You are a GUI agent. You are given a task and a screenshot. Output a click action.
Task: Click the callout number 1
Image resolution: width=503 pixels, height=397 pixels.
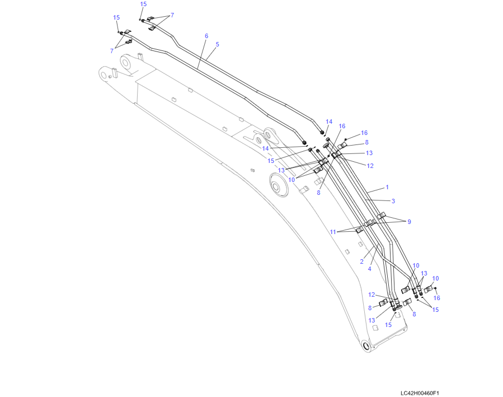(387, 187)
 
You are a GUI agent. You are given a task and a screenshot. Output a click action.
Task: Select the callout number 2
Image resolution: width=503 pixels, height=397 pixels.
(362, 261)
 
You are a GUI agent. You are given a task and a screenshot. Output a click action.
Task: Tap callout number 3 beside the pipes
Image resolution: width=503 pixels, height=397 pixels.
(393, 201)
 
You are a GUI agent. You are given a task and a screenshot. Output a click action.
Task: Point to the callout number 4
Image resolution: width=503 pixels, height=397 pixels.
(369, 269)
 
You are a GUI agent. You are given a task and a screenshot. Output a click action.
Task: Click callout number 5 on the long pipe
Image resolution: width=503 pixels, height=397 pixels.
(217, 44)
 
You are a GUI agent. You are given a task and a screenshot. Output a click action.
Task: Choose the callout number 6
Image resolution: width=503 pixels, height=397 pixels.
(206, 36)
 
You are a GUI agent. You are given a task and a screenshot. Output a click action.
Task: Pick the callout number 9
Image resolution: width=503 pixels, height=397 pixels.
(409, 221)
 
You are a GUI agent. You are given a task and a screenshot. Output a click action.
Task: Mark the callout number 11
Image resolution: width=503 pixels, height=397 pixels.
(333, 232)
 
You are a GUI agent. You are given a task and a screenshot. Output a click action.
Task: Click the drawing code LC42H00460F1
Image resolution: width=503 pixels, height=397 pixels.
(420, 393)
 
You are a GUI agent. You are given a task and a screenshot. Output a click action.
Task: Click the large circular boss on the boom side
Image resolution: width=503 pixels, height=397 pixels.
(279, 185)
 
